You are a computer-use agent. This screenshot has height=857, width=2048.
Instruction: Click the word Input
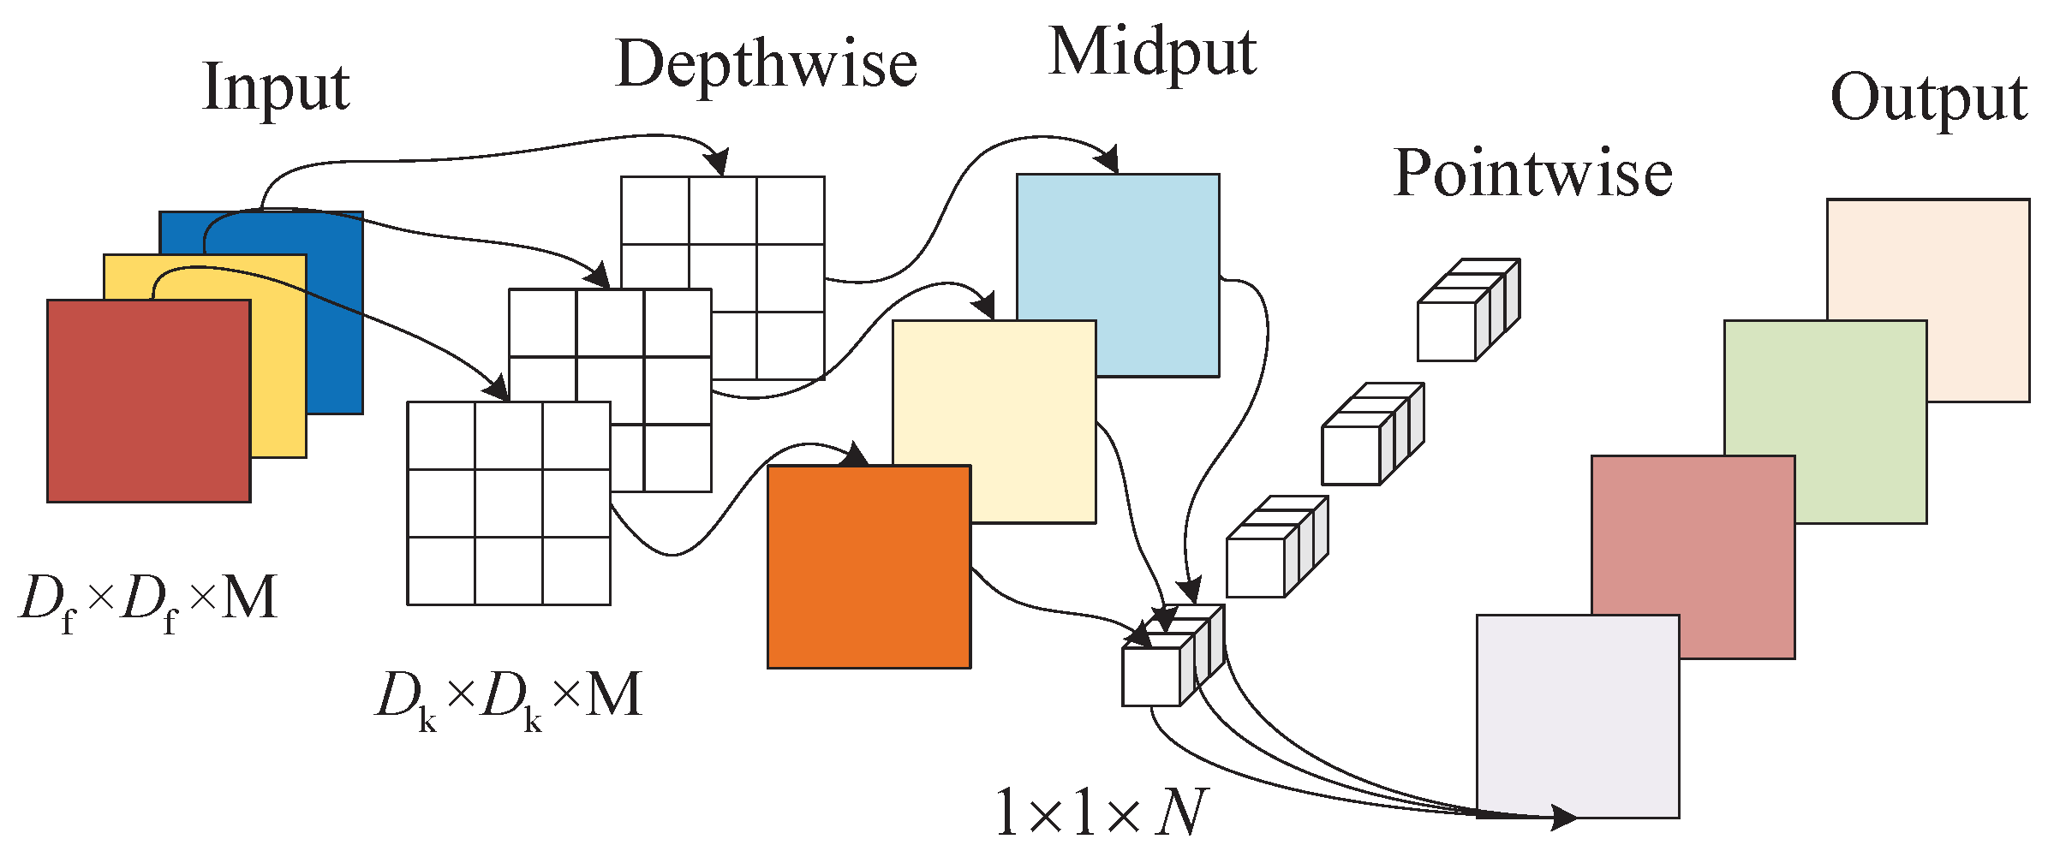point(275,88)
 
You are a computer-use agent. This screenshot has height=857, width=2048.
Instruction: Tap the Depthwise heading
point(766,65)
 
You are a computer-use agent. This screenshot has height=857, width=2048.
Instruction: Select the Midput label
point(1152,53)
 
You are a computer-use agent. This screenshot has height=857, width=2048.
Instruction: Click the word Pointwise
point(1532,174)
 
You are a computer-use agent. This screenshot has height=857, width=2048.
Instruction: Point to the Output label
point(1928,98)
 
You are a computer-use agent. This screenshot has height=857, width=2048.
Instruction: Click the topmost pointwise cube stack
point(1466,311)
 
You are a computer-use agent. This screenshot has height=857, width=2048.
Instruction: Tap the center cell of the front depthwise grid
point(509,503)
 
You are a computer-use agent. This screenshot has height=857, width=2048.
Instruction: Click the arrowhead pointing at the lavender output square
point(1563,817)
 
